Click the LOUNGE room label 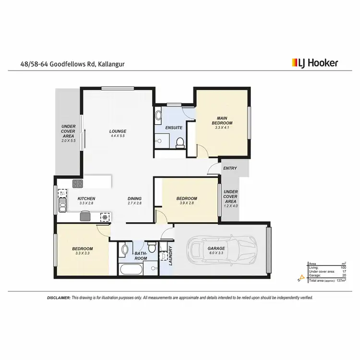point(118,132)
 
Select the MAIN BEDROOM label point(222,120)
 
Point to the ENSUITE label point(173,128)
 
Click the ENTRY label point(230,168)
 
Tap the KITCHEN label point(86,199)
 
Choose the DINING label point(134,199)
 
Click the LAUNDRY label point(170,255)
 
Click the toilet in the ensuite point(180,143)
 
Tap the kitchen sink point(61,207)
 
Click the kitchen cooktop point(78,183)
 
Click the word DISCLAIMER point(59,298)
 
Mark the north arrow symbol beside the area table point(301,278)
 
